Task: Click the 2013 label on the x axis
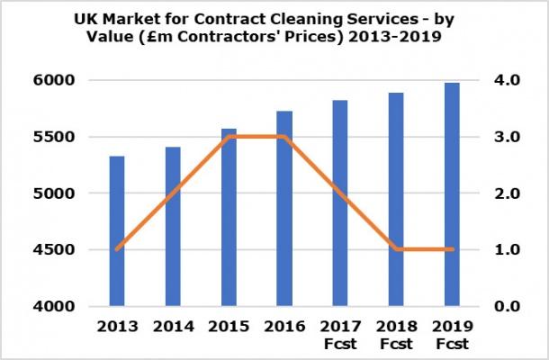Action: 117,325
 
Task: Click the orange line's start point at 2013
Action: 117,249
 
